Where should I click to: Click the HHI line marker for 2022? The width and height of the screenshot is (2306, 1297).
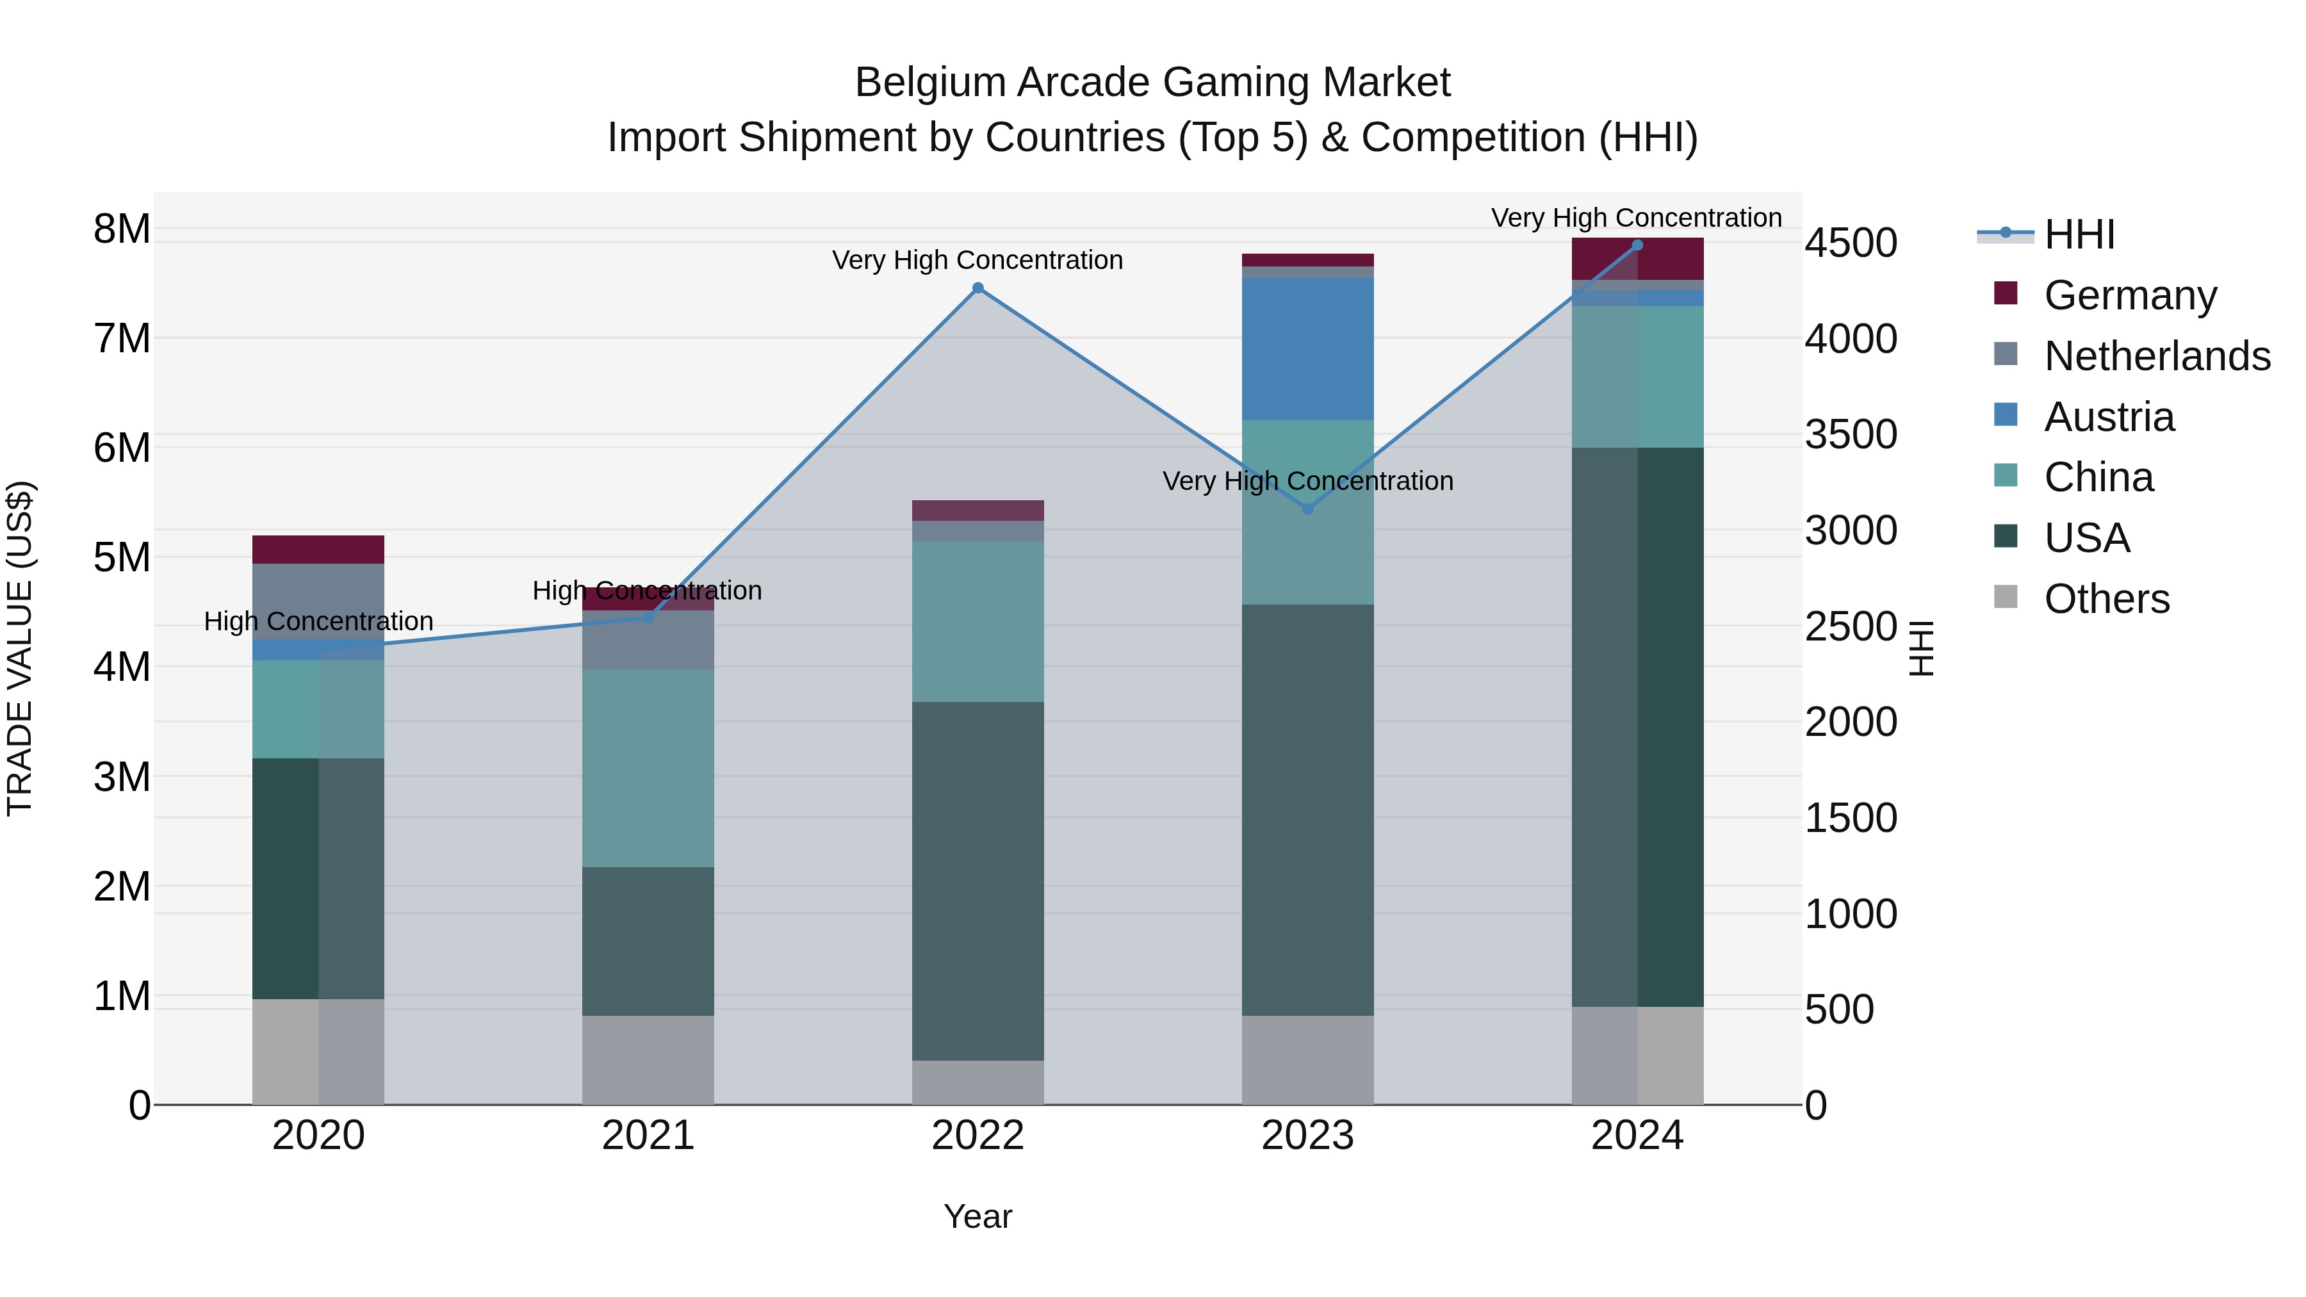(x=977, y=288)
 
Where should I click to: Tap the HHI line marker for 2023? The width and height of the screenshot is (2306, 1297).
(x=1307, y=509)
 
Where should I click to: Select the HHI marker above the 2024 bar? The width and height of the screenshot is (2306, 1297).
(x=1637, y=245)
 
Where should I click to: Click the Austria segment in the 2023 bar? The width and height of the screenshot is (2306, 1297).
(x=1307, y=349)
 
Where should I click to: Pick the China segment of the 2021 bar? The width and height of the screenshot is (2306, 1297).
(x=648, y=768)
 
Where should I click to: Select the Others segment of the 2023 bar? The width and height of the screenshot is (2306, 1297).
(x=1307, y=1060)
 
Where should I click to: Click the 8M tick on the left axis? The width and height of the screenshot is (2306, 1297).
(x=122, y=229)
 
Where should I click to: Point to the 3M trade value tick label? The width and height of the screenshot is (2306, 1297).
(x=122, y=777)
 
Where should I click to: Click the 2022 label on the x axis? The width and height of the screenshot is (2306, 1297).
(x=977, y=1136)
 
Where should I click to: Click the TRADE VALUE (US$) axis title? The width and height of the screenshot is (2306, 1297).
(x=20, y=648)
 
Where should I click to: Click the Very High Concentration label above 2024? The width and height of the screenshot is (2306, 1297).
(x=1637, y=218)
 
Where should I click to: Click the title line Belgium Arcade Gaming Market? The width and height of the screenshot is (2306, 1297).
(x=1152, y=83)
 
